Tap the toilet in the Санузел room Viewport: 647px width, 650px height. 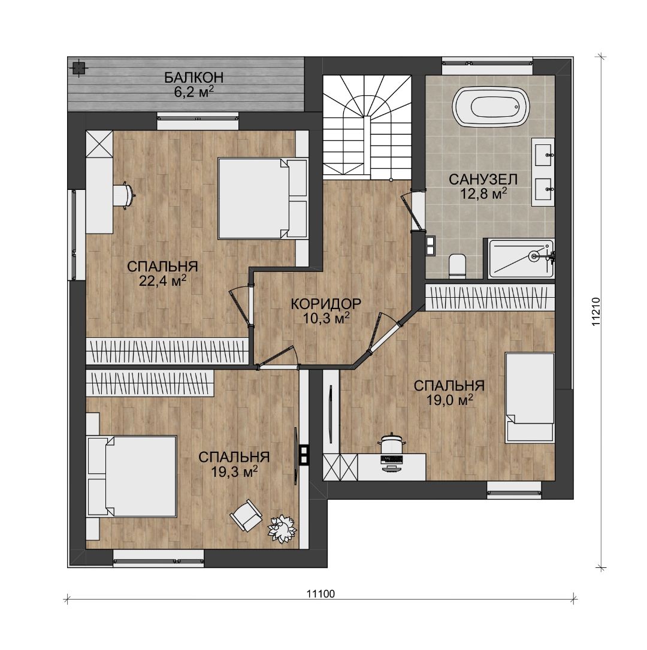(457, 266)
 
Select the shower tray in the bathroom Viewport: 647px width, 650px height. (521, 258)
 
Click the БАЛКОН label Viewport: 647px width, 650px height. (194, 77)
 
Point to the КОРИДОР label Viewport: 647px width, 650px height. (326, 304)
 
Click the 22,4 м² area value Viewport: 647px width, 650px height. (162, 280)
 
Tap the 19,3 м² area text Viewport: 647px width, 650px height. (235, 471)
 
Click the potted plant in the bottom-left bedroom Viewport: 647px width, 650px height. (282, 528)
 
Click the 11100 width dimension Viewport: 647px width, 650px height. (321, 594)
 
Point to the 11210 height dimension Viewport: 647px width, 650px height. (596, 312)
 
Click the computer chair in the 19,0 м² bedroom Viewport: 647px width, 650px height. (391, 444)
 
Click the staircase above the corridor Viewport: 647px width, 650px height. (367, 127)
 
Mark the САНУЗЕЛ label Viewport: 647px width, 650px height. (483, 180)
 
